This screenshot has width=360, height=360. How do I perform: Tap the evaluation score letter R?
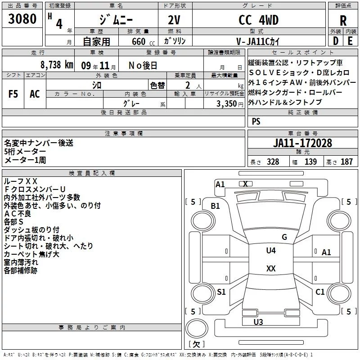(343, 21)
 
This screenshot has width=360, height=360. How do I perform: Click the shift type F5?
(13, 94)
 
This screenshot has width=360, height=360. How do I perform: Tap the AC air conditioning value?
(35, 94)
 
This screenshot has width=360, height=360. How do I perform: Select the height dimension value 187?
(346, 162)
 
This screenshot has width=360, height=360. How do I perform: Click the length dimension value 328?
(273, 162)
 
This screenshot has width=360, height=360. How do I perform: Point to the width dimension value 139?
(310, 162)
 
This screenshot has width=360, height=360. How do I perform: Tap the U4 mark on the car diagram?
(271, 250)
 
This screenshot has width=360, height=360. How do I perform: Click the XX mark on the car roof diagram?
(271, 269)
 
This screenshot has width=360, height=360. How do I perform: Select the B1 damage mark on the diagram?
(216, 206)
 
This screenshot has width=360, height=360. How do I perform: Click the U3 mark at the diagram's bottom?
(258, 322)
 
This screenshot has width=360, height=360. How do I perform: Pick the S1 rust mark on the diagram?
(221, 292)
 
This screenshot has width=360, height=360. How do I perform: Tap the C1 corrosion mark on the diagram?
(320, 292)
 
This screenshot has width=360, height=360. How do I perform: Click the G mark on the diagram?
(284, 237)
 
